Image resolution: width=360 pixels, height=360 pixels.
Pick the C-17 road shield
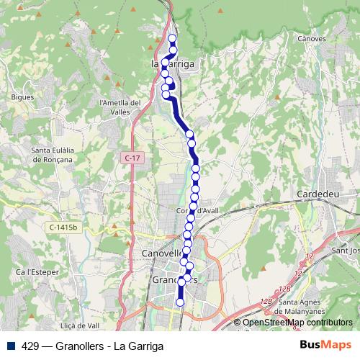pyautogui.click(x=130, y=158)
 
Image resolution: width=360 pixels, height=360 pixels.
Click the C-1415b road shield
pyautogui.click(x=63, y=228)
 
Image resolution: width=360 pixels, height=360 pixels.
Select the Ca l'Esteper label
pyautogui.click(x=36, y=271)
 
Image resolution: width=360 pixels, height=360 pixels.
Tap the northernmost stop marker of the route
pyautogui.click(x=172, y=38)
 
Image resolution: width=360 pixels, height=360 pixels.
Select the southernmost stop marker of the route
pyautogui.click(x=180, y=303)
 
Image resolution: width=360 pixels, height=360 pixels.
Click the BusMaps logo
pyautogui.click(x=325, y=345)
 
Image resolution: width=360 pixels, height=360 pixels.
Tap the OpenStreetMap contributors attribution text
pyautogui.click(x=297, y=323)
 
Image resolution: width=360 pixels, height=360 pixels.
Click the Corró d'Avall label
pyautogui.click(x=197, y=210)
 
